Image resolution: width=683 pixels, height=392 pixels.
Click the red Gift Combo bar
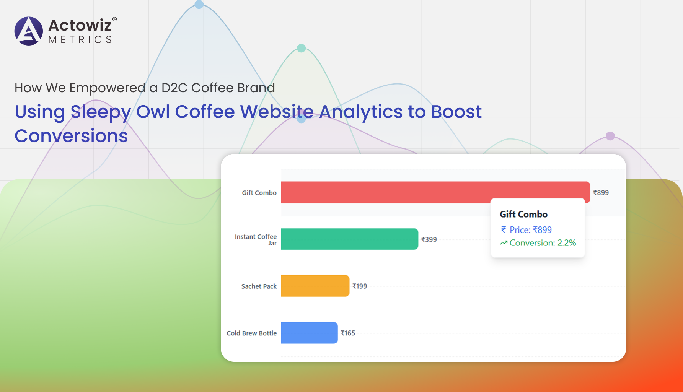point(435,192)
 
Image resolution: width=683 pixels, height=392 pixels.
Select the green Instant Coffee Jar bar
point(350,239)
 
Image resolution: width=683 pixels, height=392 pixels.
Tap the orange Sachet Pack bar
point(315,286)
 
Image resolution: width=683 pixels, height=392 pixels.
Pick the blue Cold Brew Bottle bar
point(310,333)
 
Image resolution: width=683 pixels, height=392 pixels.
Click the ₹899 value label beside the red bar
point(601,193)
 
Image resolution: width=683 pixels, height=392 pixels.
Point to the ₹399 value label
point(429,239)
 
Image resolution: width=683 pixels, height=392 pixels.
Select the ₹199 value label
point(360,286)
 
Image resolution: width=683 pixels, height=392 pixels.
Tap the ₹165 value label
point(348,333)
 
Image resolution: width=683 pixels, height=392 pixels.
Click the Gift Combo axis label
point(259,193)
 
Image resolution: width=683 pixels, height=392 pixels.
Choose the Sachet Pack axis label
point(259,286)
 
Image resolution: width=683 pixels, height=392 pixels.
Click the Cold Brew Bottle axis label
point(251,333)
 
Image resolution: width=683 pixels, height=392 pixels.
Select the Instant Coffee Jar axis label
point(256,239)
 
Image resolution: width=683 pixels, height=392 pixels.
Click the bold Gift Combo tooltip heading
point(523,214)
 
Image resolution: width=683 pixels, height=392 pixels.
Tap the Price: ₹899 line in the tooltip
point(527,230)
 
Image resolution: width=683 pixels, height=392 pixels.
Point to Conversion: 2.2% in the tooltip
point(538,242)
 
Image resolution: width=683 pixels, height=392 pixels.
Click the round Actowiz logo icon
point(29,31)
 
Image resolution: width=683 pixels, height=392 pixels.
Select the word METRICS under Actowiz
point(80,40)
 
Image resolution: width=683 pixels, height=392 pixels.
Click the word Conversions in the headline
point(71,136)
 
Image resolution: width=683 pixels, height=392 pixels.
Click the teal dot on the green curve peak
point(302,48)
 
